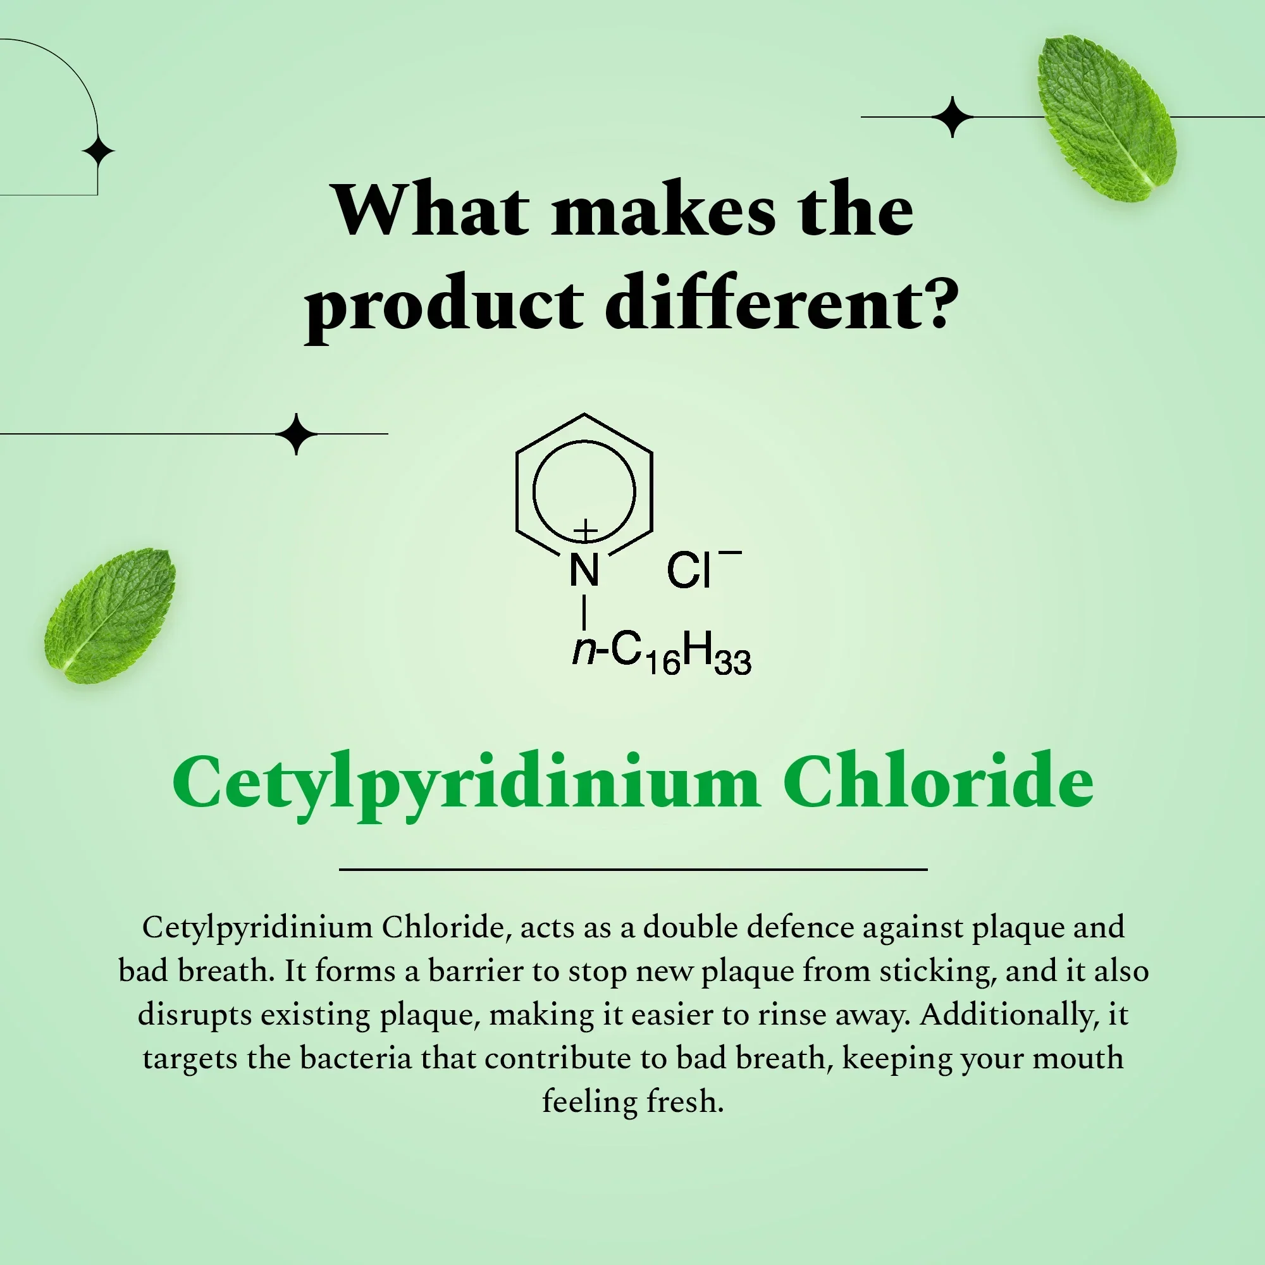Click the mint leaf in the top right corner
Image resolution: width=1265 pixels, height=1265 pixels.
1106,118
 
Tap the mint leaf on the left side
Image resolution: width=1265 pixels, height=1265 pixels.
110,615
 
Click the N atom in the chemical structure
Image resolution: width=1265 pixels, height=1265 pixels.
584,570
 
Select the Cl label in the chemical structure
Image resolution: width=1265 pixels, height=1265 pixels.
688,570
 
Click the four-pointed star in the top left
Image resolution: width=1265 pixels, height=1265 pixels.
98,152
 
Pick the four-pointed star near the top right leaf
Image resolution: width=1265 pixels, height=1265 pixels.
952,117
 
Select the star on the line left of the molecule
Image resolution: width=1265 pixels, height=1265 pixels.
297,433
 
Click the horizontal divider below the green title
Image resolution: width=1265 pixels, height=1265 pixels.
633,870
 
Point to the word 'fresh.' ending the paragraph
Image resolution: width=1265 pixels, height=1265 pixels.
685,1101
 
